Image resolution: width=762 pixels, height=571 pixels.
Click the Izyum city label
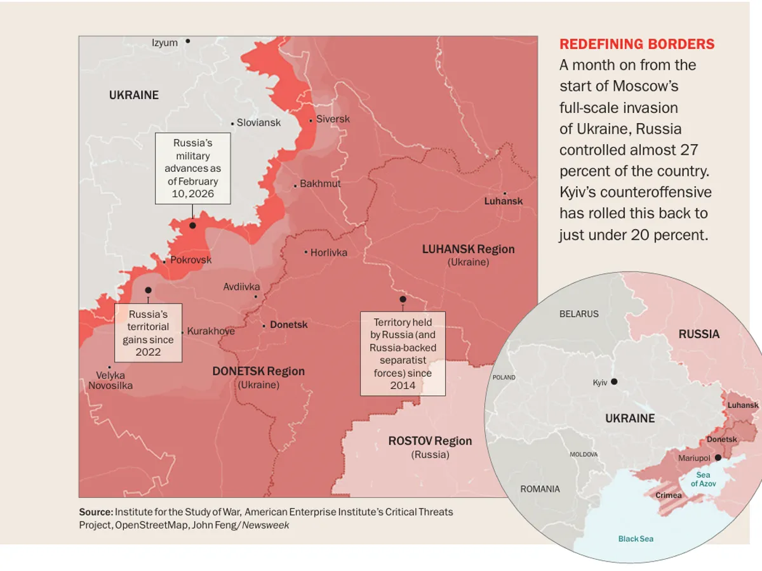click(x=164, y=43)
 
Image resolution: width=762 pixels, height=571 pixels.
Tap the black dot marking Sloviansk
click(x=232, y=124)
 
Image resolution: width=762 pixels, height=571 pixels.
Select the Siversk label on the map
click(x=333, y=119)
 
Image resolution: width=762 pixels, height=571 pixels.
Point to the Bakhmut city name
click(x=320, y=184)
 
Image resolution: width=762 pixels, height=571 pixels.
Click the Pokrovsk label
click(x=190, y=260)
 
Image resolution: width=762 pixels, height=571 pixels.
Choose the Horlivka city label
click(x=328, y=253)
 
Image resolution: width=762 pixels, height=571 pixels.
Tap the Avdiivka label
click(x=241, y=287)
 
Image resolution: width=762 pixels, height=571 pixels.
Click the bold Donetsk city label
click(x=288, y=325)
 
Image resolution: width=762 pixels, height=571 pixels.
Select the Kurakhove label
click(x=211, y=331)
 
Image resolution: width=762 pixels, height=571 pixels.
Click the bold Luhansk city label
click(x=504, y=201)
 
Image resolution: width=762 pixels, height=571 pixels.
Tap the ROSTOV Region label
click(x=430, y=441)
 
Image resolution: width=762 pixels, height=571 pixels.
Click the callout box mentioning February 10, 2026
click(x=192, y=168)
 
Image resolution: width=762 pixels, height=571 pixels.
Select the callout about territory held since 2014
click(x=403, y=353)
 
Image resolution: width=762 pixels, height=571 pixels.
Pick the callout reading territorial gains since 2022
click(x=148, y=332)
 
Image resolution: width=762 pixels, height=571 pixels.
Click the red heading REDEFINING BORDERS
click(x=636, y=44)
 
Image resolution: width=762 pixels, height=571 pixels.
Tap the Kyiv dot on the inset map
click(x=614, y=381)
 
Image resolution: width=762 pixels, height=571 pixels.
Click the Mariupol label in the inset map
click(x=695, y=457)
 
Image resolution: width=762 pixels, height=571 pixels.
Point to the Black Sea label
click(x=636, y=539)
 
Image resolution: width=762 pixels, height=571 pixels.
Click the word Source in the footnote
click(x=95, y=512)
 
